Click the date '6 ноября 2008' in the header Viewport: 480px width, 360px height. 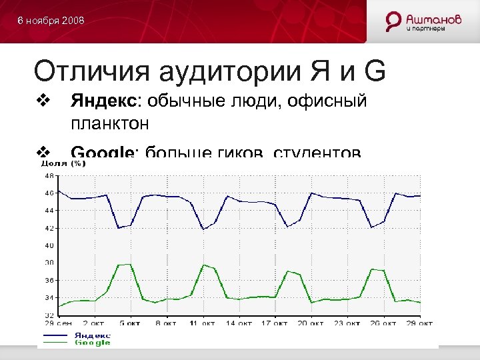click(51, 21)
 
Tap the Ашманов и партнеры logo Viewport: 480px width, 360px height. click(424, 21)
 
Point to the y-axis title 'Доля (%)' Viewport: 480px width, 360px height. click(63, 163)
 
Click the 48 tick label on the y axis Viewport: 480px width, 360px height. click(49, 176)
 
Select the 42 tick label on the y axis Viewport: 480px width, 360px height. click(49, 228)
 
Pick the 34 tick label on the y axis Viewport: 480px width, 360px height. click(49, 297)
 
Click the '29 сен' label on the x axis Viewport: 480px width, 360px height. click(55, 323)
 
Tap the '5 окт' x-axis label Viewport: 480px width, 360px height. click(130, 323)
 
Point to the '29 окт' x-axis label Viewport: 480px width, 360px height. click(421, 323)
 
